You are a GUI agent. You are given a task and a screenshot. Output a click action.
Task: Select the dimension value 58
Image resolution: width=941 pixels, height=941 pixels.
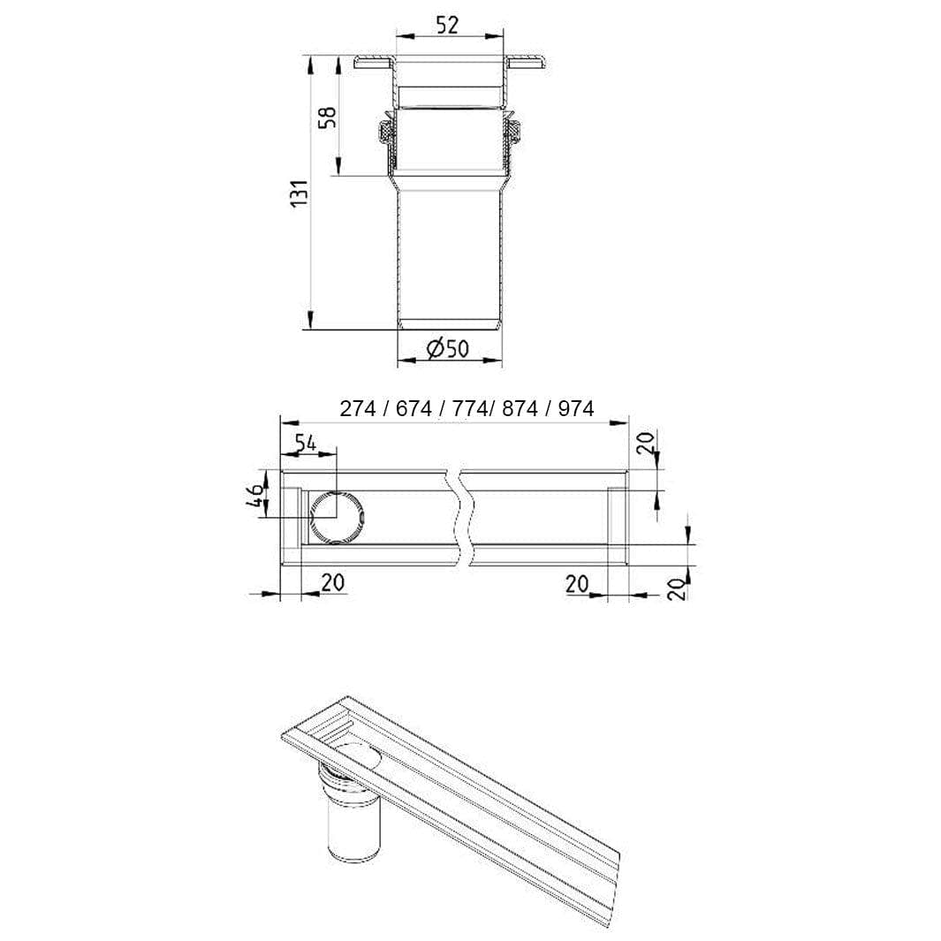pos(326,118)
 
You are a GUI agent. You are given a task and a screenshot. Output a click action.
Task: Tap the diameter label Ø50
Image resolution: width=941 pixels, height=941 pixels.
pos(448,348)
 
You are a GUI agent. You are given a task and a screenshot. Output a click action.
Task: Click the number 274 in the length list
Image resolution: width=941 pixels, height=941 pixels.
pos(358,409)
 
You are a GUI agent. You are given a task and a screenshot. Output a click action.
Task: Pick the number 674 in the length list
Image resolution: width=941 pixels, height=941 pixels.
pos(414,409)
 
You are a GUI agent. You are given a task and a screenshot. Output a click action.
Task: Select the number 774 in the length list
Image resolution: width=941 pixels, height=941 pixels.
pos(470,409)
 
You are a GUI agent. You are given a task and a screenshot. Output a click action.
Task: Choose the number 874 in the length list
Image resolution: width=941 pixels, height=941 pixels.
pos(520,409)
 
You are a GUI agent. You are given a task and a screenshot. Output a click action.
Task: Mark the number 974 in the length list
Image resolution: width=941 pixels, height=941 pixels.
pos(576,409)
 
